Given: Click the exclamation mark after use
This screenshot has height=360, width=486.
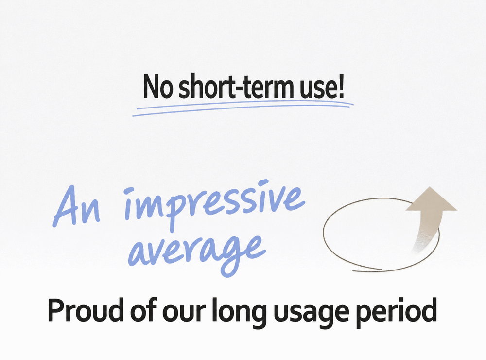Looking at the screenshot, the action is click(x=341, y=86).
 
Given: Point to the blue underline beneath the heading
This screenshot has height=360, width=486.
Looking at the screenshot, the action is click(x=243, y=108).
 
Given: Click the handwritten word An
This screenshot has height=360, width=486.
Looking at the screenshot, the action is click(x=77, y=207).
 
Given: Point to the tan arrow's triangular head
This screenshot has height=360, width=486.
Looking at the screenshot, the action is click(x=431, y=200).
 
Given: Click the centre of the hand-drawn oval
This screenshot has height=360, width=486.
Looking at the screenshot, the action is click(x=381, y=235).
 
